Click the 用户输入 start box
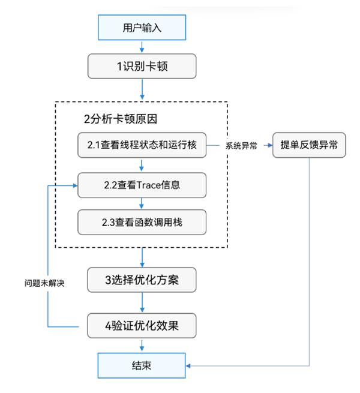point(142,28)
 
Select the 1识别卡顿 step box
point(142,66)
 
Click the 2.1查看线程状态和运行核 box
point(142,145)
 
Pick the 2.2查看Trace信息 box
point(142,185)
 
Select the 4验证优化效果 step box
point(142,326)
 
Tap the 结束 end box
point(142,365)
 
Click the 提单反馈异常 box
point(309,145)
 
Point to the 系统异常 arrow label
point(241,146)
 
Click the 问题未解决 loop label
point(40,282)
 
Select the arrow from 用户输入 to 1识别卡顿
point(142,47)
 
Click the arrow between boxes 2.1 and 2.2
point(142,165)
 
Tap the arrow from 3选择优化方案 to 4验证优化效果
point(142,303)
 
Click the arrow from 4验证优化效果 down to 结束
point(142,346)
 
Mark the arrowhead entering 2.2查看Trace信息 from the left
point(76,185)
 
